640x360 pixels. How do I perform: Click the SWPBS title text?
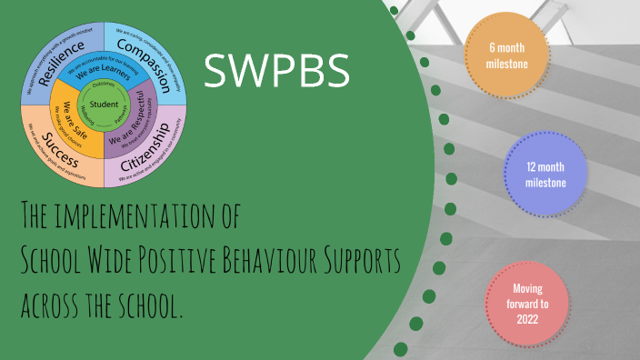(276, 71)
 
